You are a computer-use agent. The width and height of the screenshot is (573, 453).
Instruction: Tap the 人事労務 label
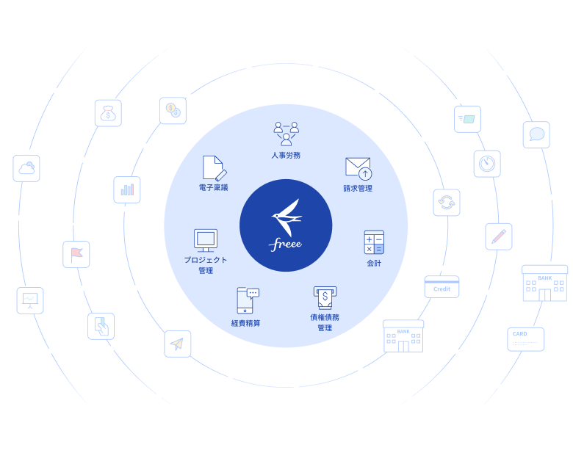pyautogui.click(x=286, y=156)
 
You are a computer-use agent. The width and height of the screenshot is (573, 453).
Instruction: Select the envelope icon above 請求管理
pyautogui.click(x=358, y=168)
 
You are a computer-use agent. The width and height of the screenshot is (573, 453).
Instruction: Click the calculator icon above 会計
pyautogui.click(x=374, y=242)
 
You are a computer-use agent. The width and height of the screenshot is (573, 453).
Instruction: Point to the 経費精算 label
pyautogui.click(x=245, y=323)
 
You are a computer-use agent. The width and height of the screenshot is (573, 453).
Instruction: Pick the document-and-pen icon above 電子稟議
pyautogui.click(x=214, y=168)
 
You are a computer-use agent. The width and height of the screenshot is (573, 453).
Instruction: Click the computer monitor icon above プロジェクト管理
pyautogui.click(x=206, y=240)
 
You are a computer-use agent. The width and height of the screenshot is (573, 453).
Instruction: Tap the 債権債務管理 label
pyautogui.click(x=325, y=322)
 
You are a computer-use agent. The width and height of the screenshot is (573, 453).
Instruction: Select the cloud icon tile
pyautogui.click(x=26, y=168)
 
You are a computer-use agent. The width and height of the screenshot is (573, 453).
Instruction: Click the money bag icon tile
pyautogui.click(x=108, y=113)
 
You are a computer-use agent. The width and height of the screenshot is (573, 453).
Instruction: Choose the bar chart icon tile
pyautogui.click(x=127, y=189)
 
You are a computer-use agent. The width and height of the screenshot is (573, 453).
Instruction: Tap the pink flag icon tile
pyautogui.click(x=76, y=254)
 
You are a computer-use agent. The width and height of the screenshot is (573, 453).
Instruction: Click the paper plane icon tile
pyautogui.click(x=178, y=344)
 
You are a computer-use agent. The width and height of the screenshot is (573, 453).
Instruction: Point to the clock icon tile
pyautogui.click(x=487, y=164)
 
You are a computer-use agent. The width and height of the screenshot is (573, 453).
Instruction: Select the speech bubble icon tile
pyautogui.click(x=536, y=134)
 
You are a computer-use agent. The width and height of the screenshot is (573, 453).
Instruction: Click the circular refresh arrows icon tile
pyautogui.click(x=447, y=203)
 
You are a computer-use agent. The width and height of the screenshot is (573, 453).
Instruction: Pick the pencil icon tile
pyautogui.click(x=499, y=236)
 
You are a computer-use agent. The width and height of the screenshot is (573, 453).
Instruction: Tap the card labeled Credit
pyautogui.click(x=442, y=287)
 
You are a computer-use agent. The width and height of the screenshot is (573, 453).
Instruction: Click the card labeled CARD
pyautogui.click(x=526, y=339)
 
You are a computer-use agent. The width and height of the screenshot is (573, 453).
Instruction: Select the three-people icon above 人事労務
pyautogui.click(x=286, y=133)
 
